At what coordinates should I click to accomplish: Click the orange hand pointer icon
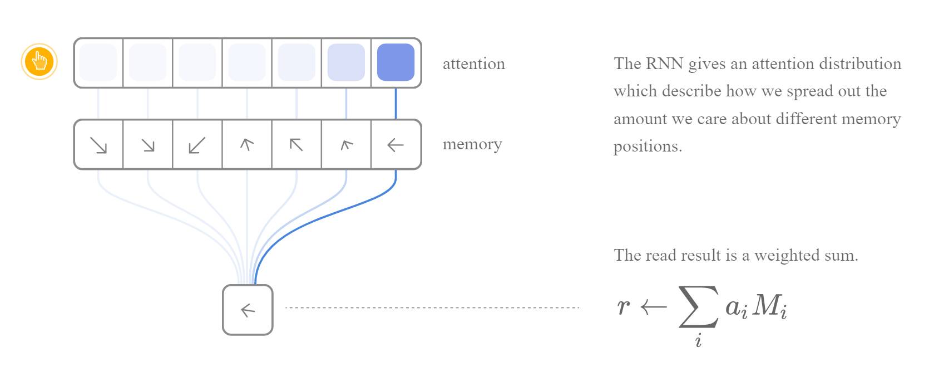(39, 61)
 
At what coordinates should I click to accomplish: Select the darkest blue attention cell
(396, 62)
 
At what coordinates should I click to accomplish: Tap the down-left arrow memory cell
(197, 145)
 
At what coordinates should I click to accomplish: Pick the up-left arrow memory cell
(296, 145)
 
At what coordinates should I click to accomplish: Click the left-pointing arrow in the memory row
(395, 145)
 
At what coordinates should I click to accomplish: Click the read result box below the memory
(248, 310)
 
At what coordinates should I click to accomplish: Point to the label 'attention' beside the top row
(473, 64)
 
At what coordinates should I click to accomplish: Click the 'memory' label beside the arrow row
(472, 144)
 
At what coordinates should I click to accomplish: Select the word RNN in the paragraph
(664, 63)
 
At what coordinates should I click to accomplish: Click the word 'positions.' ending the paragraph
(648, 146)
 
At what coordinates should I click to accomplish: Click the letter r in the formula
(624, 306)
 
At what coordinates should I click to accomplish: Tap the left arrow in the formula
(653, 306)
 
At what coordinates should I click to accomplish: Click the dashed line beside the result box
(432, 307)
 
